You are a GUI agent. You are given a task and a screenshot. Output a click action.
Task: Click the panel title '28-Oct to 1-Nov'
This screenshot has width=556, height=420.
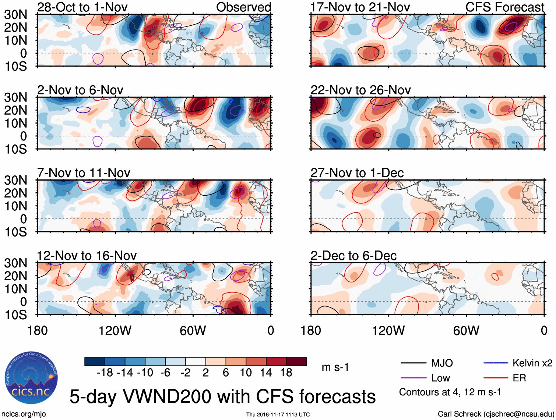[82, 7]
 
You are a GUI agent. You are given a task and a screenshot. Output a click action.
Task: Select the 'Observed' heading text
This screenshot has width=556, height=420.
[243, 7]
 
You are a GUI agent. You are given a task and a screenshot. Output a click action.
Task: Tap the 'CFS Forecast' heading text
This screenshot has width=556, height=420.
[504, 7]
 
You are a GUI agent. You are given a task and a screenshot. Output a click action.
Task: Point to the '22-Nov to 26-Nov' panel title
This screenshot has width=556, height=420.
[360, 90]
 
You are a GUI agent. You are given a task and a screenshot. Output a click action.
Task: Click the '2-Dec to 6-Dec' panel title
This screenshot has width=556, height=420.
[353, 256]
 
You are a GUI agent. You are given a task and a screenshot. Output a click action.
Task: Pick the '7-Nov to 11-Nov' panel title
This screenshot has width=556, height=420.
[84, 173]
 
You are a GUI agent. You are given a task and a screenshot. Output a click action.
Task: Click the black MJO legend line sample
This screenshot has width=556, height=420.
[413, 363]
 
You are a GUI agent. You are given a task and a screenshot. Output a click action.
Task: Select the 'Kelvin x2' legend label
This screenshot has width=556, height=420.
[532, 363]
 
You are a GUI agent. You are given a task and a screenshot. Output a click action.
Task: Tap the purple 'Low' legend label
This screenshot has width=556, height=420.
[440, 378]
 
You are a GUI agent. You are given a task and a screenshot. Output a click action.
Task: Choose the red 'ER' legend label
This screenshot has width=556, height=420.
[519, 378]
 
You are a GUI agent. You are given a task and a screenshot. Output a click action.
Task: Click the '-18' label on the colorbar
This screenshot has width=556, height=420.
[105, 373]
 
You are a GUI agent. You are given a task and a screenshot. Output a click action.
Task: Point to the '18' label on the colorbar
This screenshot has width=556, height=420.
[286, 373]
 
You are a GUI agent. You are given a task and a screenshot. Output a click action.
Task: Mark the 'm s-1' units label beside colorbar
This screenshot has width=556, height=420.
[335, 367]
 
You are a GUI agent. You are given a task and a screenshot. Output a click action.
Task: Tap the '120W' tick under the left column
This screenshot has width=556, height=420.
[115, 331]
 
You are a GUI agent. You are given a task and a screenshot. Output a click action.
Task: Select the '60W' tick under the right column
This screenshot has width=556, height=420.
[466, 331]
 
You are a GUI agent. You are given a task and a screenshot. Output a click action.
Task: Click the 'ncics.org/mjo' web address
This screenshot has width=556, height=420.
[24, 414]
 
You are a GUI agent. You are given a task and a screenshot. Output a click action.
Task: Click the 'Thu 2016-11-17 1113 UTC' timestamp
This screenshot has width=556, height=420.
[278, 414]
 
